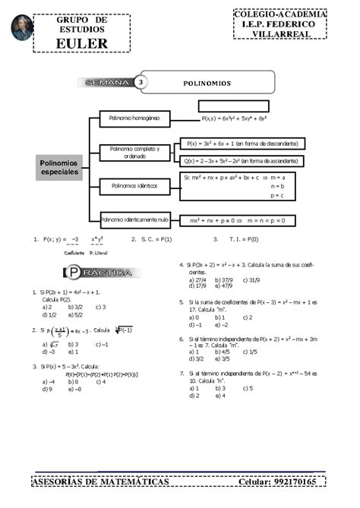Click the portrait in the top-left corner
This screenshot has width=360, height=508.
[22, 27]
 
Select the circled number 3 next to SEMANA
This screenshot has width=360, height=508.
[141, 82]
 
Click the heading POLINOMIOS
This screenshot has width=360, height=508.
[207, 82]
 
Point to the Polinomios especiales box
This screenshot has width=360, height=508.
[59, 168]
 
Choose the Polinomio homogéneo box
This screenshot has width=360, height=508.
[134, 118]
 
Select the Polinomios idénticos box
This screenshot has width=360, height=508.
[135, 185]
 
